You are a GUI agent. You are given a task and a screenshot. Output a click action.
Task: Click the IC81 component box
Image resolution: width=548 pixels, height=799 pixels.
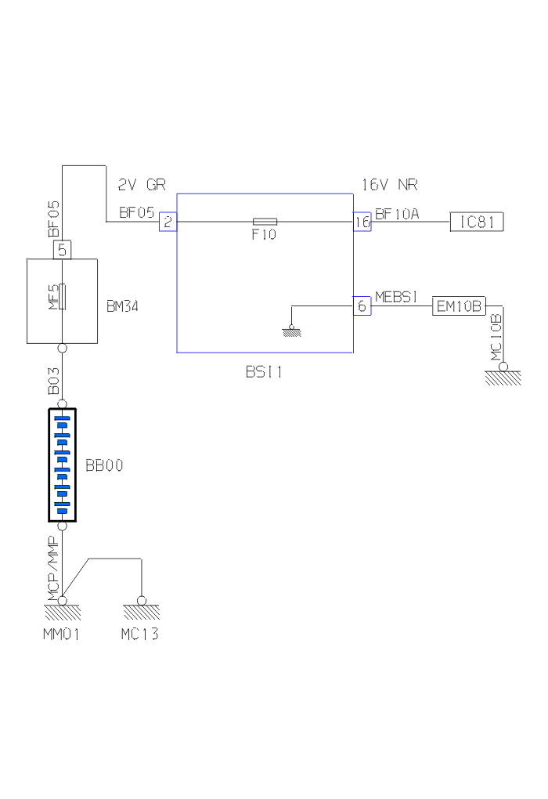pos(477,222)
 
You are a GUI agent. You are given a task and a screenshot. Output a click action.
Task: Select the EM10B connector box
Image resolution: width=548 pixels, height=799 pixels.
pos(460,305)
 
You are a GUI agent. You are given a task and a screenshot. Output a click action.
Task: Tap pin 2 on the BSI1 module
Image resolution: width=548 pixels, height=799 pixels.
pos(168,222)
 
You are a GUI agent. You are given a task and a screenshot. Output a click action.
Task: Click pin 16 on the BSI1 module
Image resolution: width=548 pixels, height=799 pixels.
pos(361,222)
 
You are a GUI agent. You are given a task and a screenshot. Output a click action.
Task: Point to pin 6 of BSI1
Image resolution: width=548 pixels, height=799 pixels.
pos(362,306)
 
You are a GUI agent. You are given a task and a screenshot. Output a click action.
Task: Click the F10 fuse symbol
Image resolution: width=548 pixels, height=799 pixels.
pos(264,222)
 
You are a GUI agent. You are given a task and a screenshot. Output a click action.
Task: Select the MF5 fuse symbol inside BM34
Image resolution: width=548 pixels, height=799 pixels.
pos(63,298)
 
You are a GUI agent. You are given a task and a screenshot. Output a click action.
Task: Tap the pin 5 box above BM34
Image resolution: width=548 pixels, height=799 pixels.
pos(63,251)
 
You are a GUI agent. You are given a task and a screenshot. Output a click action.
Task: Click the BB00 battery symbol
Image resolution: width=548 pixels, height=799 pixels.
pos(62,465)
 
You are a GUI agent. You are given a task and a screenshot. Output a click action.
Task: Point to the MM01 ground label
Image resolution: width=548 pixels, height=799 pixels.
pos(61,634)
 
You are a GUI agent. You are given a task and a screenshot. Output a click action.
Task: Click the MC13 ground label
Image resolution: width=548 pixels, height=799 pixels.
pos(140,634)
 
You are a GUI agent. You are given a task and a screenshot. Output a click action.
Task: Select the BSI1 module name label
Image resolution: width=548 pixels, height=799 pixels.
pos(264,372)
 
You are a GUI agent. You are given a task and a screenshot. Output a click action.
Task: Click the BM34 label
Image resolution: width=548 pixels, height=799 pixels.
pos(123,306)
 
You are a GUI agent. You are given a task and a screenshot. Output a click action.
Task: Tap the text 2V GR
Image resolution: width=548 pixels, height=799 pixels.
pos(142,186)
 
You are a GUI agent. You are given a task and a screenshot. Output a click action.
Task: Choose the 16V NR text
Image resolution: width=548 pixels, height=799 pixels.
pos(389,186)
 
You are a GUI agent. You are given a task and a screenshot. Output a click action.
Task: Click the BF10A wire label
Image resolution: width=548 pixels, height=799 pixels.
pos(397,213)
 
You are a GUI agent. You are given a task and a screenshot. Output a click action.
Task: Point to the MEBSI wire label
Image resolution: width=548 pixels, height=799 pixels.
pos(397,297)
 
